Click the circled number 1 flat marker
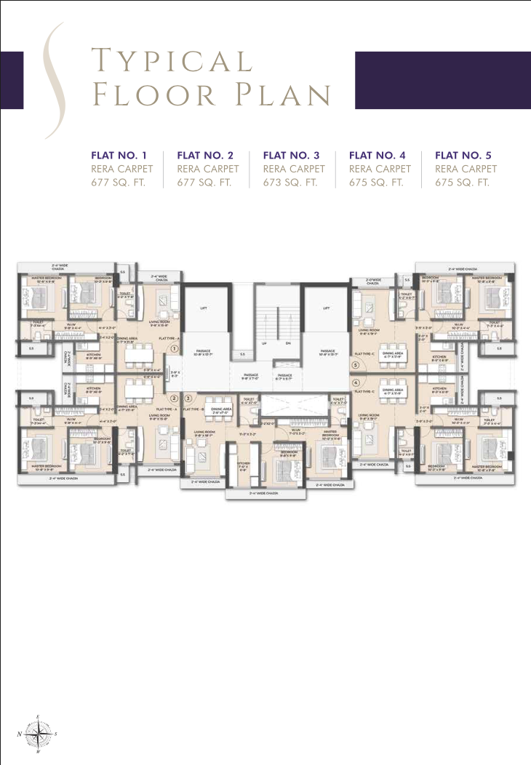[x=175, y=348]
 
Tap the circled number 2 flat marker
[x=175, y=398]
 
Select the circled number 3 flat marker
[x=188, y=398]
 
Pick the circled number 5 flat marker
[x=356, y=364]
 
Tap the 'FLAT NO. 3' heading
[x=291, y=155]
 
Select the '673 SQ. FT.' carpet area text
[x=291, y=183]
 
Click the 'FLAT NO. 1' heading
[x=119, y=155]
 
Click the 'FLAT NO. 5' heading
[x=463, y=155]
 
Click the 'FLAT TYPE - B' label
[x=193, y=409]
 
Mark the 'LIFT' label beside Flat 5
[x=326, y=308]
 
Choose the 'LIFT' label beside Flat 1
[x=204, y=308]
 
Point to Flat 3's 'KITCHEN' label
[x=243, y=464]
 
